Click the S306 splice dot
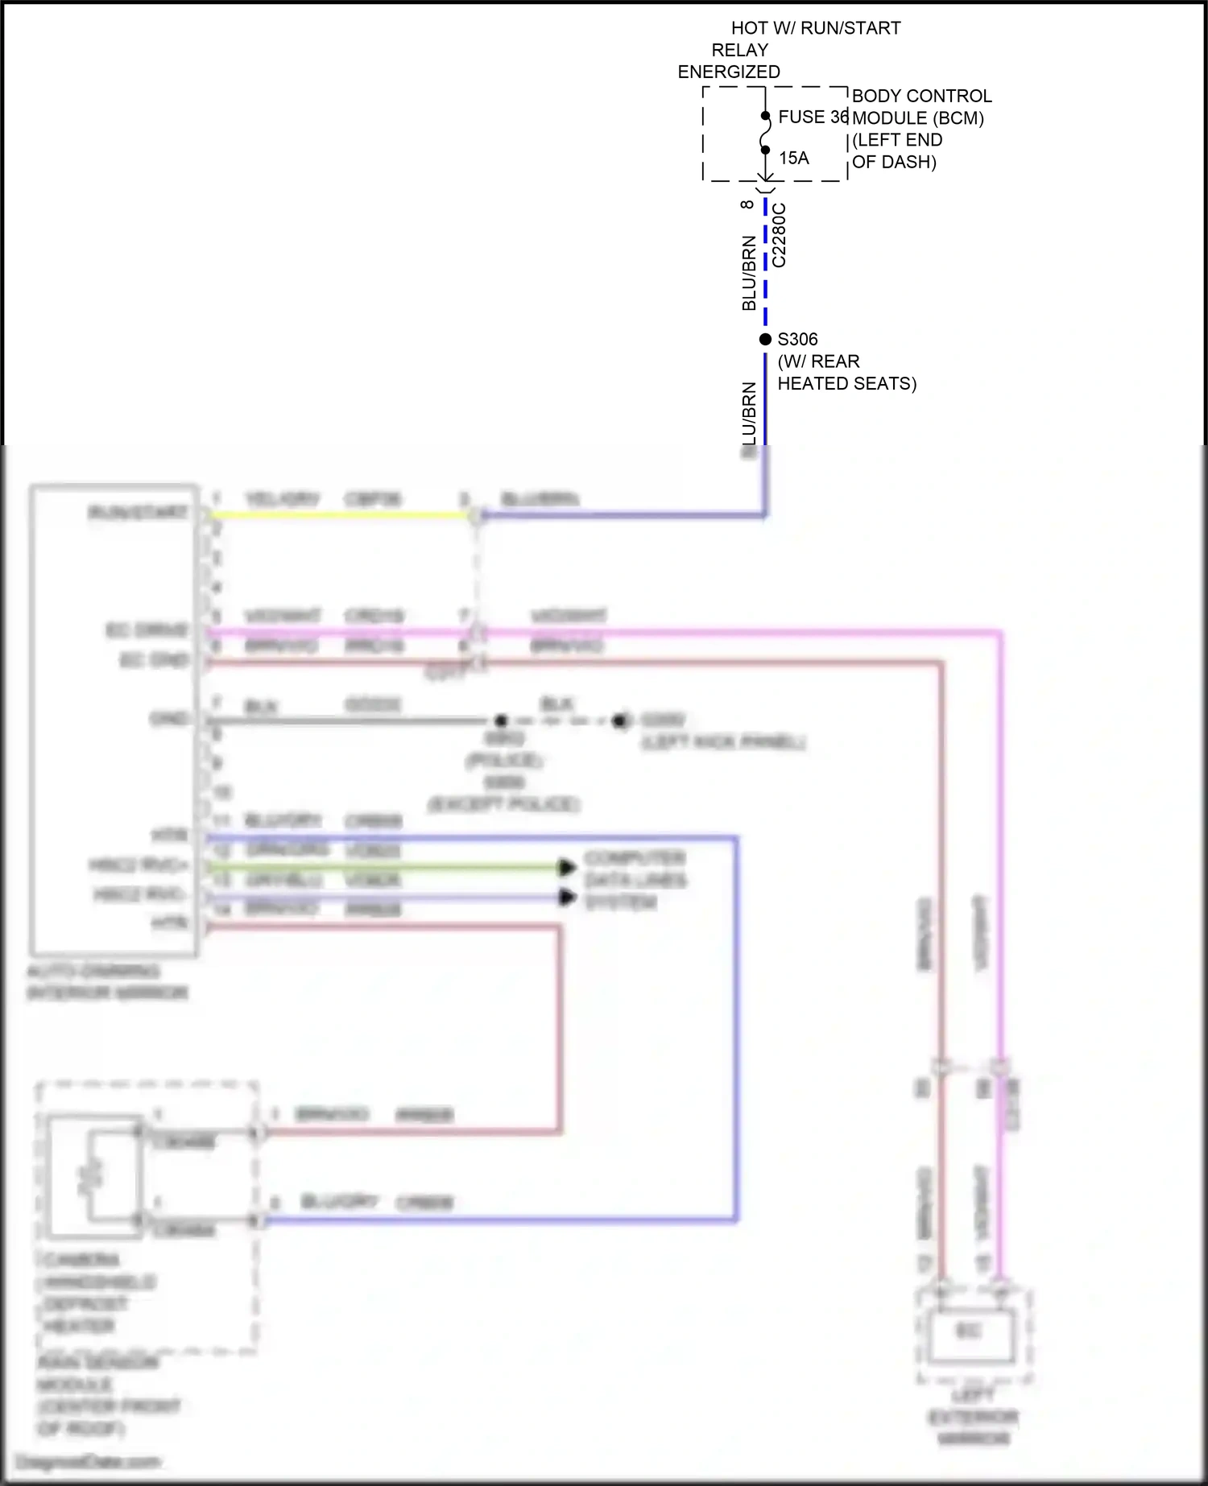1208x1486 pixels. point(765,340)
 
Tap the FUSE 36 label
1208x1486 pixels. point(813,118)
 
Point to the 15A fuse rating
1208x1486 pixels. point(794,159)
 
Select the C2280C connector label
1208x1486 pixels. point(779,235)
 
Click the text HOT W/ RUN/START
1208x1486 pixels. point(816,28)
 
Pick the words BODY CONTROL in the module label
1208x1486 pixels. point(921,96)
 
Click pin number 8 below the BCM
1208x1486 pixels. point(747,204)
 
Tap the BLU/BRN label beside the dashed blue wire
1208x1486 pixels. point(749,273)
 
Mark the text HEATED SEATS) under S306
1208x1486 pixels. point(846,384)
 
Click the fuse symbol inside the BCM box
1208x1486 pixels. point(765,134)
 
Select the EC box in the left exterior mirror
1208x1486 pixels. point(969,1331)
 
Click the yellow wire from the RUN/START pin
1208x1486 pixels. point(338,515)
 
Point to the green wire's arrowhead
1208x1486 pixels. point(568,867)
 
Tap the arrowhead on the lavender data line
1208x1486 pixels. point(568,897)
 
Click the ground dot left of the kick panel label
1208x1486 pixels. point(619,720)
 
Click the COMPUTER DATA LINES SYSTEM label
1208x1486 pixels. point(635,880)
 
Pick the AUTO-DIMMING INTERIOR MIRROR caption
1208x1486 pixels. point(107,982)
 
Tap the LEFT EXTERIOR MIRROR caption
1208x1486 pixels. point(973,1417)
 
